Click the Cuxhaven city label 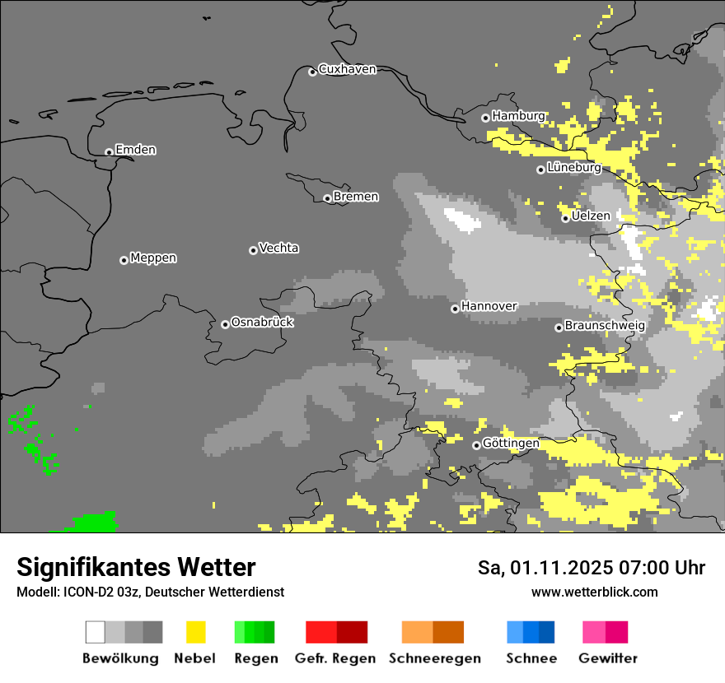tap(347, 69)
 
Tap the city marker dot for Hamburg tap(485, 118)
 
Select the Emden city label tap(135, 150)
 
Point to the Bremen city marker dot tap(327, 198)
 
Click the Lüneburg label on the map tap(573, 168)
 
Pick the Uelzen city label tap(591, 216)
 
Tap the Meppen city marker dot tap(124, 260)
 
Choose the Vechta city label tap(278, 248)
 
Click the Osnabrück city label tap(262, 323)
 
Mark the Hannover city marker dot tap(455, 309)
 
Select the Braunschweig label tap(605, 326)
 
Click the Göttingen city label tap(511, 444)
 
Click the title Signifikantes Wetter tap(136, 567)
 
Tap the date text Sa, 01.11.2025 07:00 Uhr tap(592, 568)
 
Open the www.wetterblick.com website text tap(594, 592)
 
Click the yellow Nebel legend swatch tap(195, 632)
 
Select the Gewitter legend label tap(607, 658)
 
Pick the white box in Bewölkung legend tap(96, 632)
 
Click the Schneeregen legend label tap(434, 658)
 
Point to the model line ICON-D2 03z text tap(150, 592)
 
